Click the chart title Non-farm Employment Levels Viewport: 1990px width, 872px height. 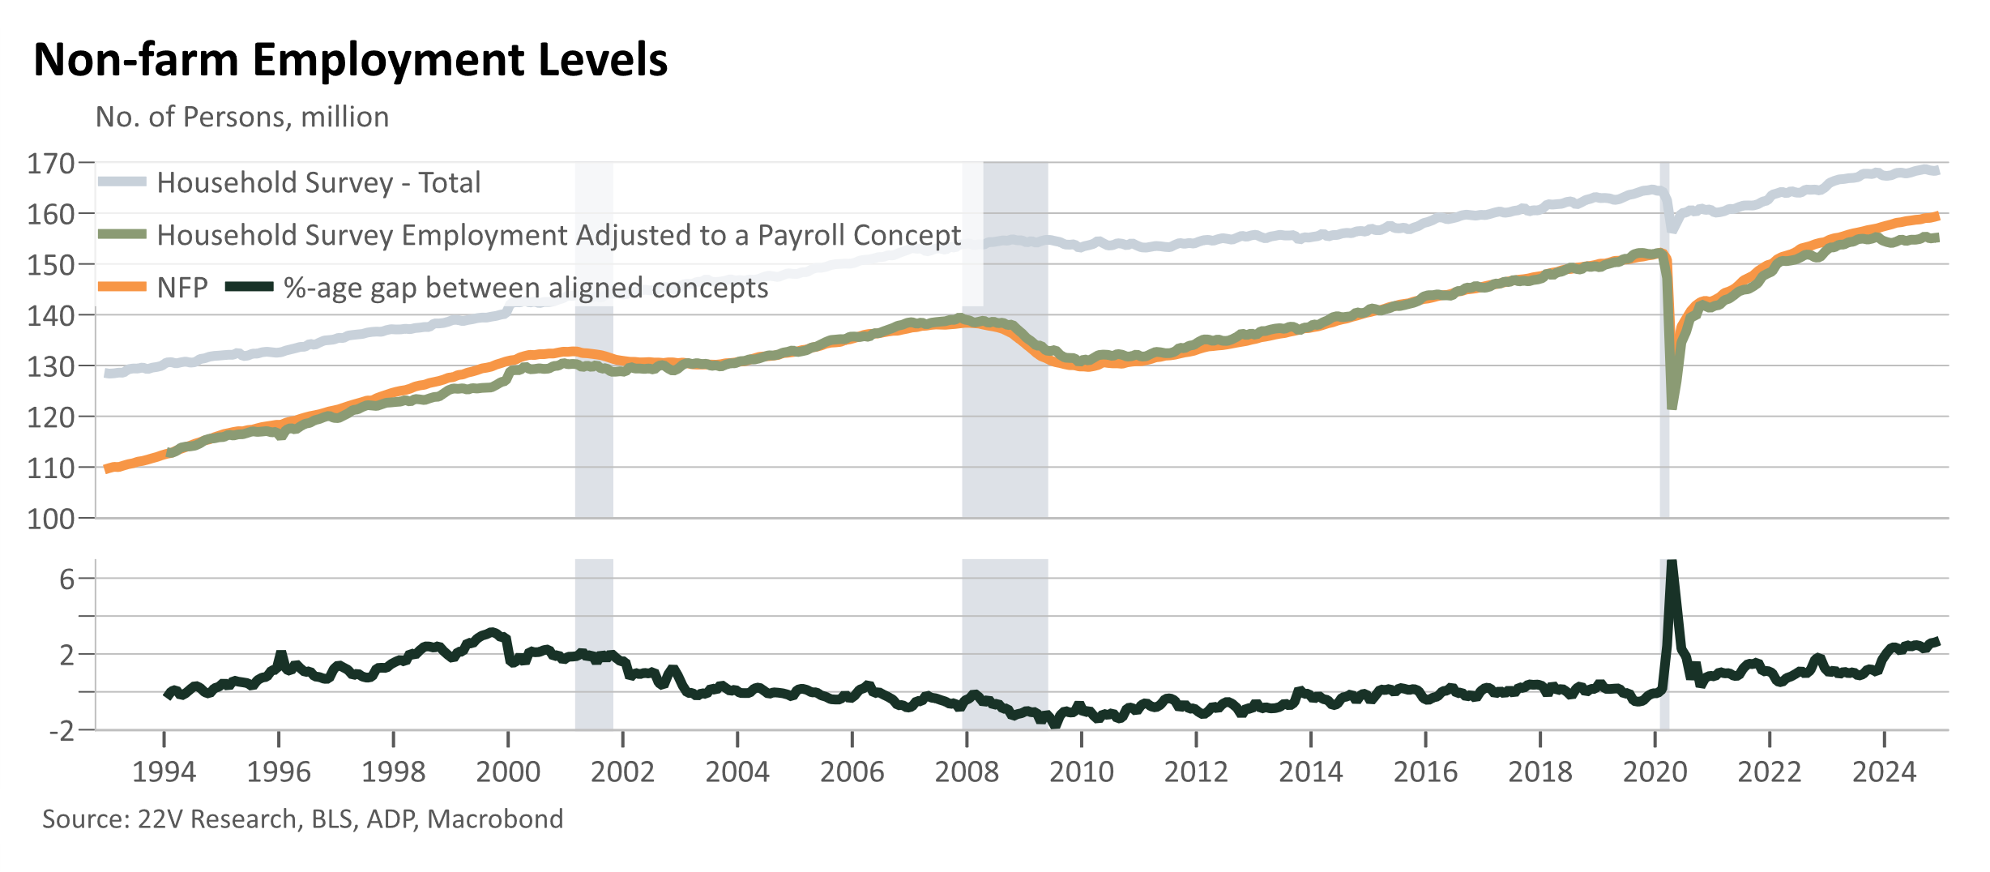coord(351,60)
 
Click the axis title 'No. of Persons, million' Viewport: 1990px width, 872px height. coord(242,118)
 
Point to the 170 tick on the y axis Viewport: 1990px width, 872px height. coord(51,164)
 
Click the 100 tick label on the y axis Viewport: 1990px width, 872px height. coord(51,519)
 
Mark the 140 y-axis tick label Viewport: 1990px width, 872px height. coord(51,315)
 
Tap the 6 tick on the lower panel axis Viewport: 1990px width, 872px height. coord(66,579)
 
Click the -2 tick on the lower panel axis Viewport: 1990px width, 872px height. coord(62,730)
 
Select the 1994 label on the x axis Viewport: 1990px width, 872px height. coord(164,772)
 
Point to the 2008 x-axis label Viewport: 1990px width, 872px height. coord(967,772)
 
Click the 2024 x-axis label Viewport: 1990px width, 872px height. coord(1884,772)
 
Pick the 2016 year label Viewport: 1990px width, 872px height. coord(1425,772)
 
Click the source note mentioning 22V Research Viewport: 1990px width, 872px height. coord(302,819)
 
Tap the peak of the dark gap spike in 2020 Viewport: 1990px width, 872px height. coord(1671,562)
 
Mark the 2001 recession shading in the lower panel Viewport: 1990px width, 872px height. coord(594,644)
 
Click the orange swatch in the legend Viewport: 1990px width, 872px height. coord(122,287)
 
